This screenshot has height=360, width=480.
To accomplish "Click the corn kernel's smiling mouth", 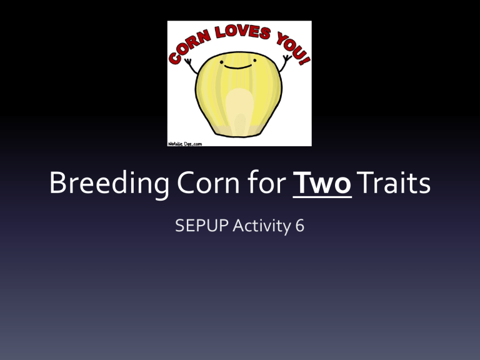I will (x=239, y=64).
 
